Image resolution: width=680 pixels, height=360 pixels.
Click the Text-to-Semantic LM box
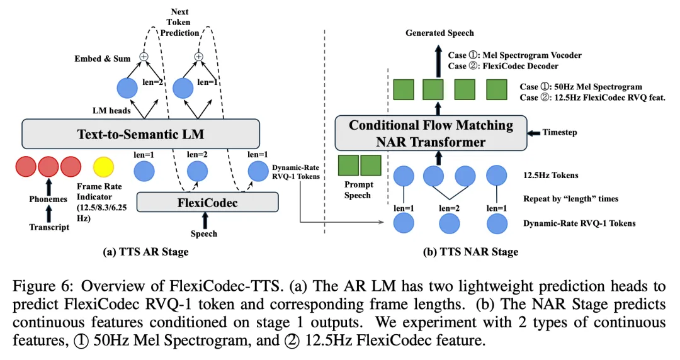pos(140,133)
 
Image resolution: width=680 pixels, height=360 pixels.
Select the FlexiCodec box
pos(207,203)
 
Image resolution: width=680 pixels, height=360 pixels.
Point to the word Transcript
pos(48,228)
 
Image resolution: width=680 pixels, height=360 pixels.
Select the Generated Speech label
pos(439,33)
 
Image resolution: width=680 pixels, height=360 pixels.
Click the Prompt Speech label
pos(359,190)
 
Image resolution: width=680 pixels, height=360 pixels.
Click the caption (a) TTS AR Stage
pos(145,252)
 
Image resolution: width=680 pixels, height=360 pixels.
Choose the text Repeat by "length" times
pos(570,199)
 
